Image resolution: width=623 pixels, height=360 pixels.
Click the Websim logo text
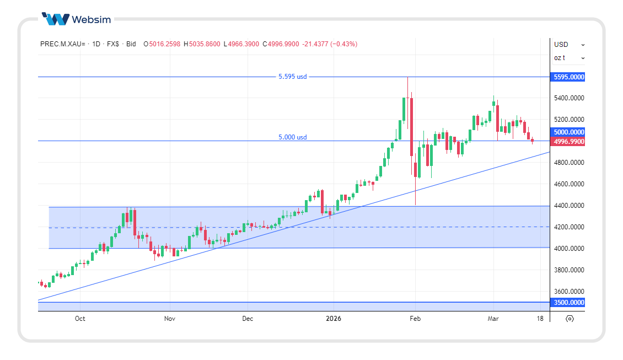(91, 20)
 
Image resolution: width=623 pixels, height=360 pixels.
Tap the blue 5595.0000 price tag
(568, 77)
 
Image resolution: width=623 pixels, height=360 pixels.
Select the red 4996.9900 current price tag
(568, 142)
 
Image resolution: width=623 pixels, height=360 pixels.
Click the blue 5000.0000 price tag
(568, 132)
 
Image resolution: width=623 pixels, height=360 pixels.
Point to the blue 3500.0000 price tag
(568, 303)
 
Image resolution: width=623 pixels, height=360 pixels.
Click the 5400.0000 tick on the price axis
(568, 98)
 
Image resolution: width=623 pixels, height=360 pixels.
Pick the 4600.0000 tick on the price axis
(568, 184)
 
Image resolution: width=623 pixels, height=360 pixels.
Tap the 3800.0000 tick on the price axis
(568, 270)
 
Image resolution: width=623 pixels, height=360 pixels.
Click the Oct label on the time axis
(80, 319)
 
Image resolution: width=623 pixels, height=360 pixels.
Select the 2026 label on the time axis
(334, 319)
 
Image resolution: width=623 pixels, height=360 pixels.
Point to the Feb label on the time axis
(415, 319)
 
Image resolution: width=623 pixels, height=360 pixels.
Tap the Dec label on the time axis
(248, 319)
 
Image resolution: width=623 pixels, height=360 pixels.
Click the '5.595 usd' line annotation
(292, 77)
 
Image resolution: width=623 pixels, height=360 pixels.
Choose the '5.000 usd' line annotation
(292, 137)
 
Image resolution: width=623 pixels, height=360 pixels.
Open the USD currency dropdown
(569, 45)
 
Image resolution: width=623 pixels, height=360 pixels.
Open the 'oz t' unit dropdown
(569, 58)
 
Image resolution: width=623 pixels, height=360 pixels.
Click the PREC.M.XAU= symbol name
(62, 44)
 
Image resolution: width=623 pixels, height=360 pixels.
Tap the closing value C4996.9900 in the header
(281, 44)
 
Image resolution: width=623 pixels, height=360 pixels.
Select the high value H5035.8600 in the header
(202, 44)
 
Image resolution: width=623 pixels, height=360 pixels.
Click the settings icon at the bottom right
(570, 319)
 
